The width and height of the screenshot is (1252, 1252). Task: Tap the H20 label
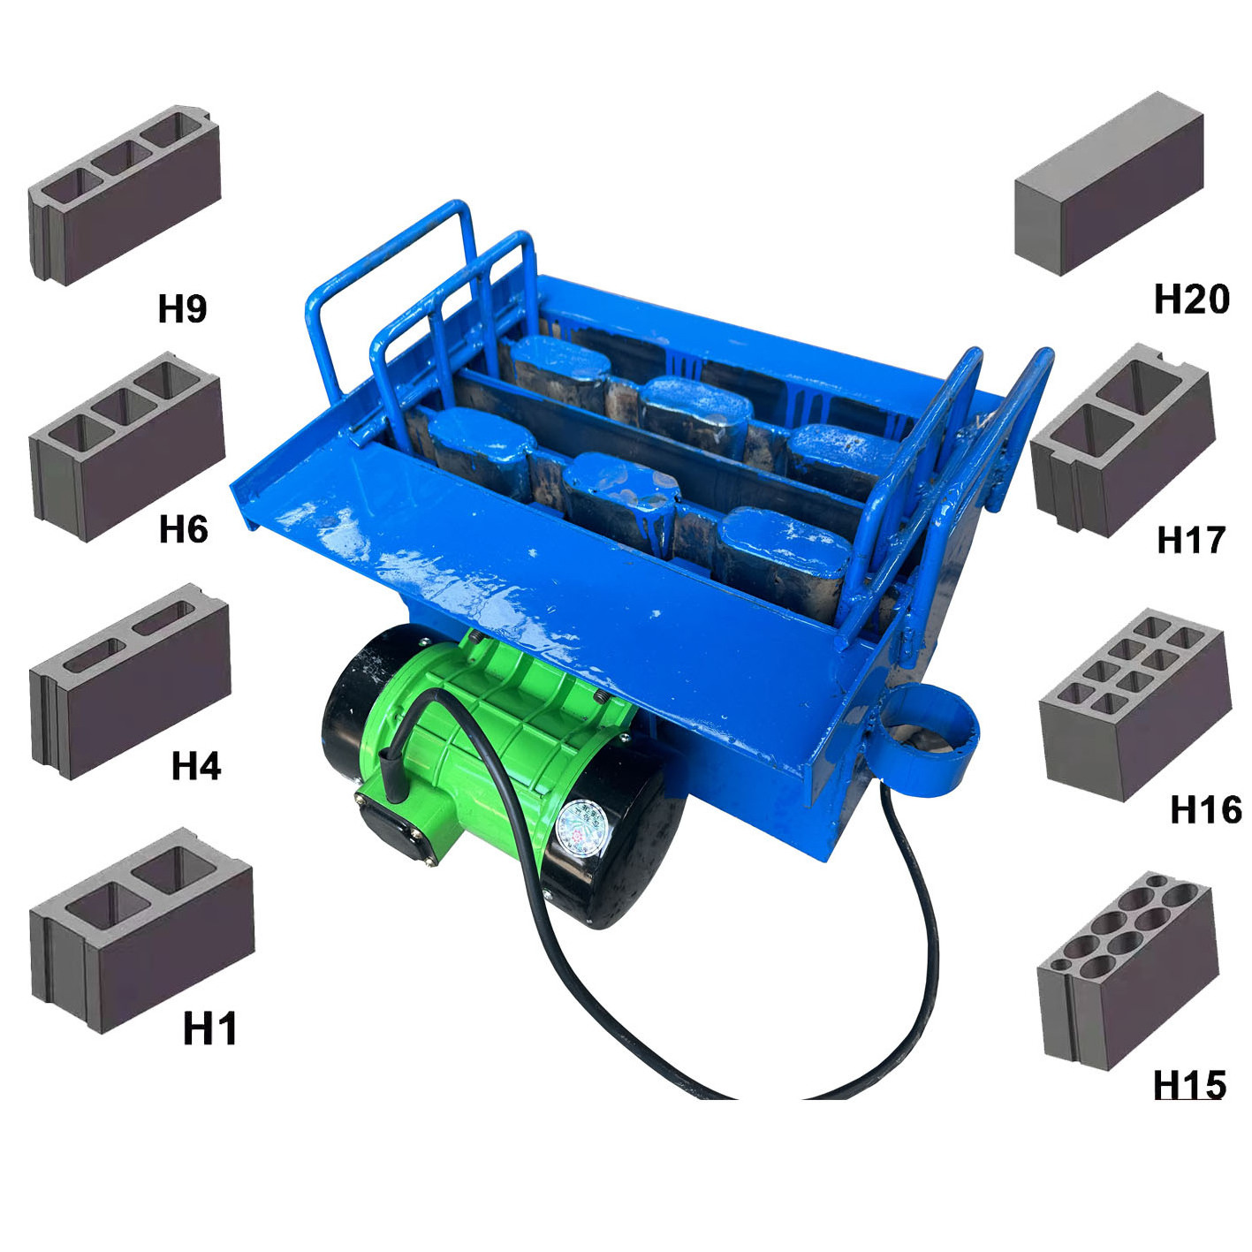pyautogui.click(x=1192, y=300)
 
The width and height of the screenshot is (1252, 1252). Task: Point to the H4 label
pyautogui.click(x=196, y=766)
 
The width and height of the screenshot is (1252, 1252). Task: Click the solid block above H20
pyautogui.click(x=1108, y=184)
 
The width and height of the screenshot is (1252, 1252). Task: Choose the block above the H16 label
pyautogui.click(x=1135, y=705)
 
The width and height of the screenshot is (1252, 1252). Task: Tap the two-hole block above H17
pyautogui.click(x=1123, y=441)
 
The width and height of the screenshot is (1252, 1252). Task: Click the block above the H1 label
pyautogui.click(x=141, y=930)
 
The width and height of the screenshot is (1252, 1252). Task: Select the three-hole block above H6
pyautogui.click(x=127, y=447)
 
